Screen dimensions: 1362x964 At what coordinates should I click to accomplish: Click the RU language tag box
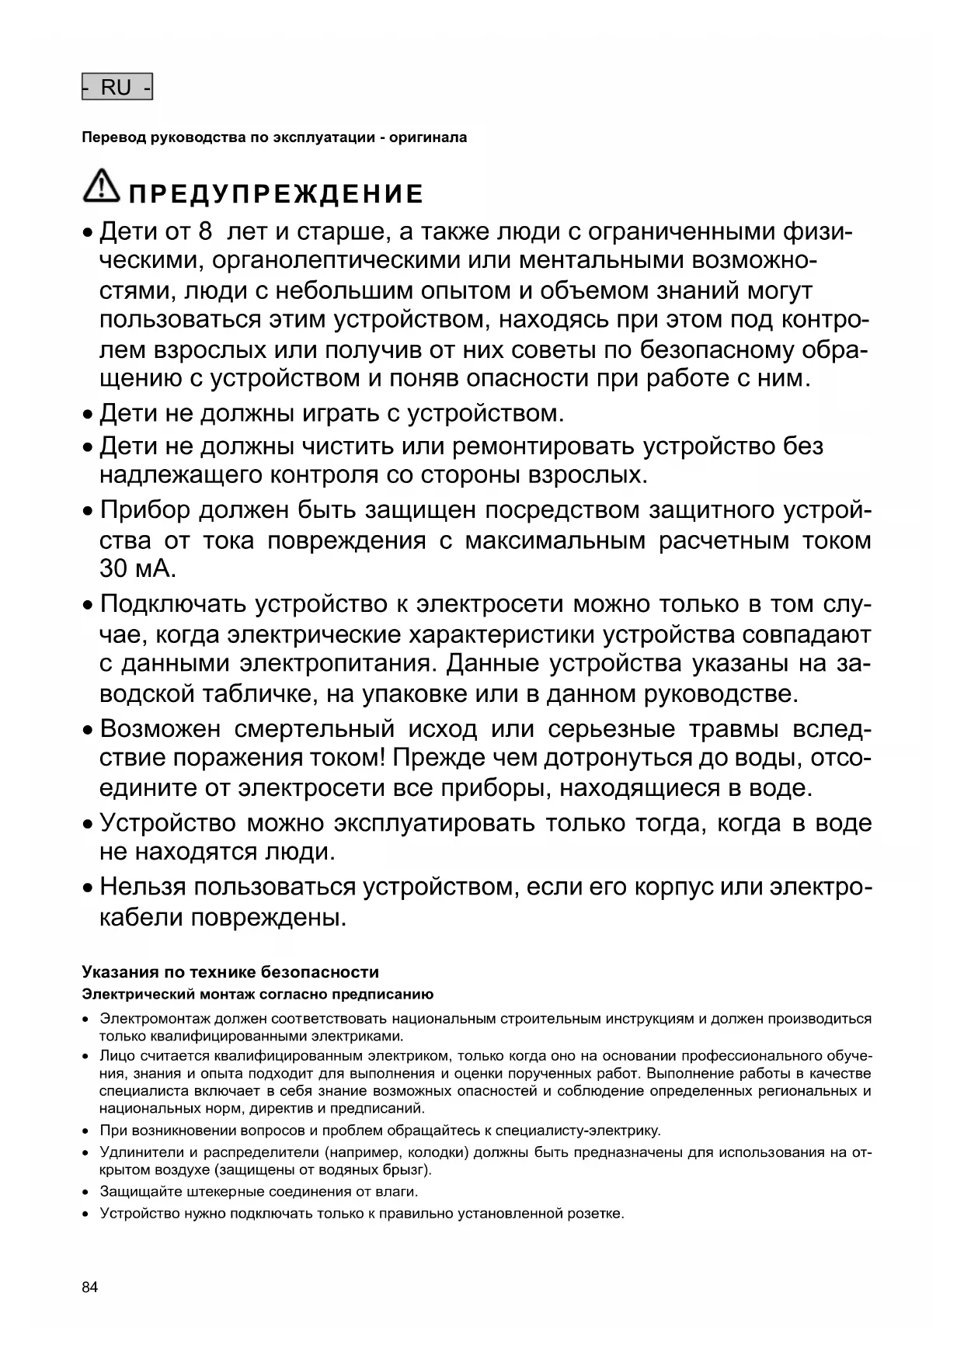pyautogui.click(x=117, y=88)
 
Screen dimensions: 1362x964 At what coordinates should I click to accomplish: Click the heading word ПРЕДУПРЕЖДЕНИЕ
pyautogui.click(x=277, y=193)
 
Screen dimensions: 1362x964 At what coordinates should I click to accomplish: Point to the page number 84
pyautogui.click(x=90, y=1287)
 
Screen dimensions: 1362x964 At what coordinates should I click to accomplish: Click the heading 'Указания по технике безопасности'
pyautogui.click(x=231, y=972)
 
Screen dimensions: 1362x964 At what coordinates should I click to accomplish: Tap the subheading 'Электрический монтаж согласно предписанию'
pyautogui.click(x=258, y=994)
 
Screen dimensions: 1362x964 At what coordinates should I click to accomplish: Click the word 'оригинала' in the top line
pyautogui.click(x=428, y=137)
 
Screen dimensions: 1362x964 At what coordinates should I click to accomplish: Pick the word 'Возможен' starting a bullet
pyautogui.click(x=161, y=730)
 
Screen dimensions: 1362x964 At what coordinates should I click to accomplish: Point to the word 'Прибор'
pyautogui.click(x=145, y=511)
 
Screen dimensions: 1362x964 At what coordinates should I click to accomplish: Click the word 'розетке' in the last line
pyautogui.click(x=597, y=1213)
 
